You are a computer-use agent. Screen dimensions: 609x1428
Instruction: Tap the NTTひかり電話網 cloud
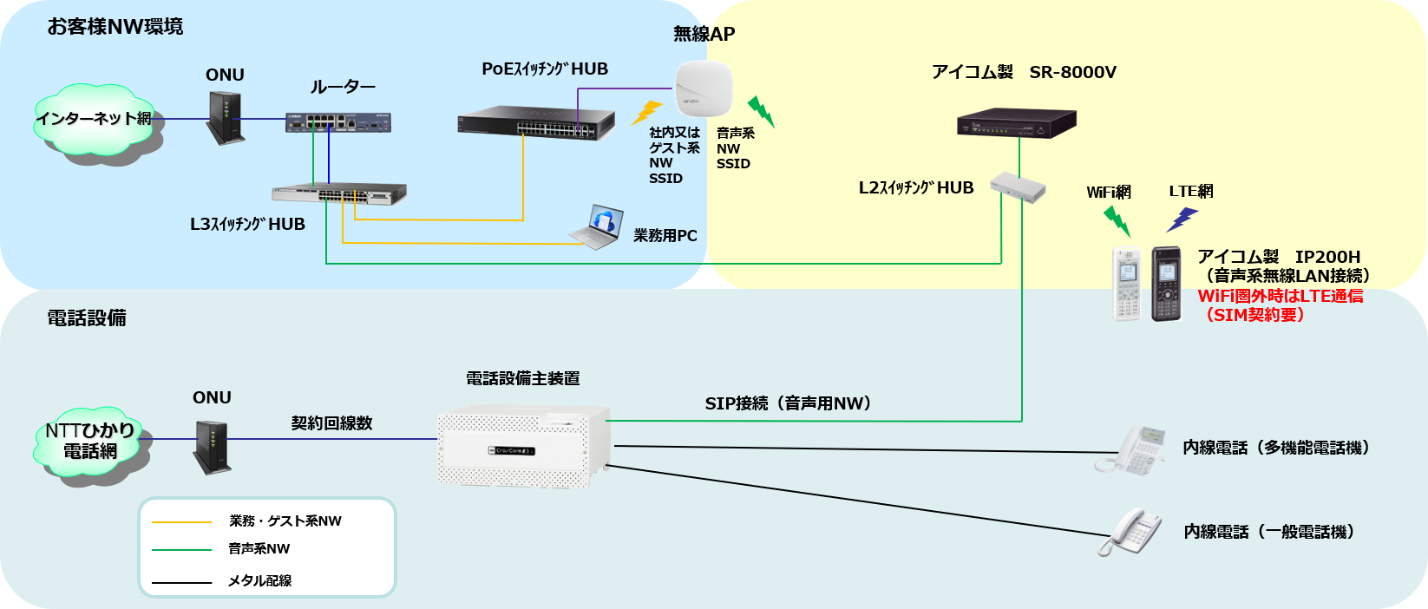(x=91, y=442)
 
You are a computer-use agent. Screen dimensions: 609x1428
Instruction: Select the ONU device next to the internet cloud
(x=225, y=118)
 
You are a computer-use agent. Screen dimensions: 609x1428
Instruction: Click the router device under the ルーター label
(x=338, y=122)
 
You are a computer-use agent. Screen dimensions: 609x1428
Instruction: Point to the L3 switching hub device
(x=339, y=195)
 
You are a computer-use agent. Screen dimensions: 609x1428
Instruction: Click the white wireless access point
(x=703, y=88)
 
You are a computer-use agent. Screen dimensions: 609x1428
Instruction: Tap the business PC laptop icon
(x=597, y=227)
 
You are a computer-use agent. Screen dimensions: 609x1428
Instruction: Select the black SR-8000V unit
(x=1016, y=123)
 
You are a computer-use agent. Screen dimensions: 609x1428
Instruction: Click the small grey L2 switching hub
(x=1018, y=186)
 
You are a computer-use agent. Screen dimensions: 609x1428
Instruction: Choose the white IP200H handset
(x=1127, y=285)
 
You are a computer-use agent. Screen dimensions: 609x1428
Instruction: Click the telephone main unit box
(x=523, y=446)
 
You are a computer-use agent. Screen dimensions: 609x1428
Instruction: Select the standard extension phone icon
(x=1130, y=532)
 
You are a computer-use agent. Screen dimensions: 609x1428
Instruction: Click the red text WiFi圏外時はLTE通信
(x=1280, y=296)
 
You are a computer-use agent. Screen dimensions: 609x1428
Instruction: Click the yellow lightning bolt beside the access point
(x=646, y=112)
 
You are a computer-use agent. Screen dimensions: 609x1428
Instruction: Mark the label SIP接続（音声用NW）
(x=788, y=403)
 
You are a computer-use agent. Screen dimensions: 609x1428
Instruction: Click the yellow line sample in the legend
(x=181, y=522)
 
